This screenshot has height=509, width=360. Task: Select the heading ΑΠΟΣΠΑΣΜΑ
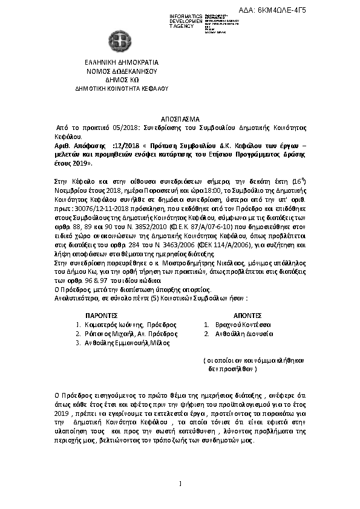coord(180,119)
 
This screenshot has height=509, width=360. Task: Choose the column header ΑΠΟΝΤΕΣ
coord(247,316)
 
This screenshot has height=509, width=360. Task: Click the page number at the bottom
coord(180,482)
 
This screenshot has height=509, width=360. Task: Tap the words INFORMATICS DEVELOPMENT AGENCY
coord(186,19)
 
